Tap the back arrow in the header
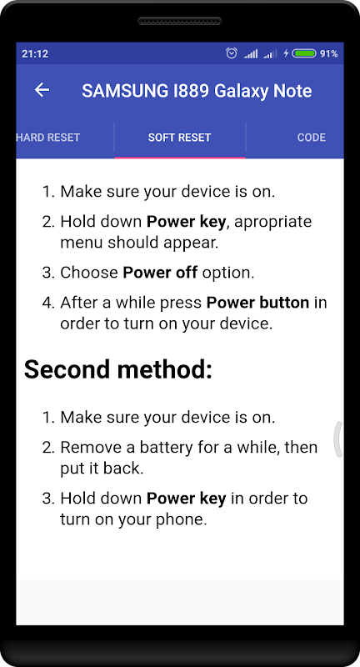click(42, 90)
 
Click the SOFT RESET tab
click(179, 138)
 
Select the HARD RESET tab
click(47, 138)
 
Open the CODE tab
click(312, 138)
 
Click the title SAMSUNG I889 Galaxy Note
click(197, 91)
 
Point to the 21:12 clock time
click(35, 54)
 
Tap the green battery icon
click(304, 53)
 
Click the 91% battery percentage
click(329, 54)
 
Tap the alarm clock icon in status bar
click(232, 53)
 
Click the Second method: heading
click(118, 369)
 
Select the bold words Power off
click(160, 273)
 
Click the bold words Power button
click(258, 303)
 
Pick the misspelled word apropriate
click(272, 223)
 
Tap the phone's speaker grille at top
click(180, 21)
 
